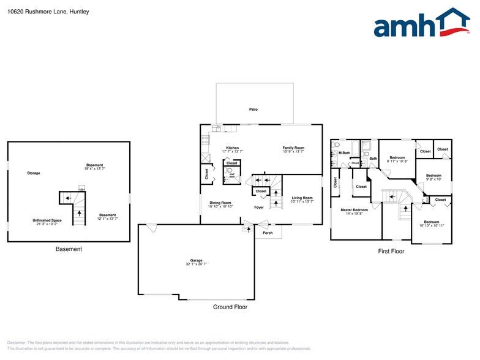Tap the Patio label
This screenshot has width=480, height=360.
253,110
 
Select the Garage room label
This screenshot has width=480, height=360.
196,260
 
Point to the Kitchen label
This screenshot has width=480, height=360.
233,148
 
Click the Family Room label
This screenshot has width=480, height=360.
293,148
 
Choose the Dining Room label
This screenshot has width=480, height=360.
220,203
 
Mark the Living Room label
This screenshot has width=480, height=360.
302,198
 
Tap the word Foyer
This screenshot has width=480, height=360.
259,208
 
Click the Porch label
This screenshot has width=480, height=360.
268,233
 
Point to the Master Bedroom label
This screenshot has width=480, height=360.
354,210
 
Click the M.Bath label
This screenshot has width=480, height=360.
344,152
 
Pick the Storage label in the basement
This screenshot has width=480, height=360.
34,173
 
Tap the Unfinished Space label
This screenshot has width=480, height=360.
47,220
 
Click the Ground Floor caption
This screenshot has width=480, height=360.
230,307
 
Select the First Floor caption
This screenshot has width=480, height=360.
391,251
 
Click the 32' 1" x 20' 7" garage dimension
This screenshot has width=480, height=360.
196,264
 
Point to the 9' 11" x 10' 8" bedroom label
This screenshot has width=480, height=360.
397,161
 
